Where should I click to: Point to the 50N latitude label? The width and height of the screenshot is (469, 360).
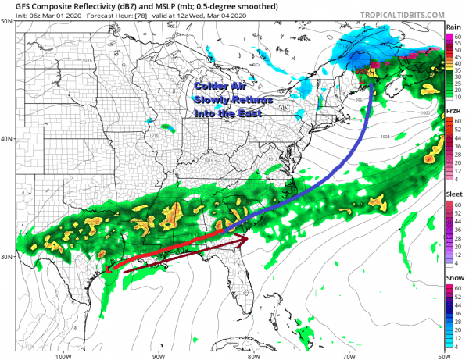(7, 21)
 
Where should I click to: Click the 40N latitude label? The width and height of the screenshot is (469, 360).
(7, 139)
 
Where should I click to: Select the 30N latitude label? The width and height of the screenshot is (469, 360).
(7, 257)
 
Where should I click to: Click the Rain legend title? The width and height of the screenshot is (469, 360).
(453, 27)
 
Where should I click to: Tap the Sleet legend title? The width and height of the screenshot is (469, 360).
(453, 193)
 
